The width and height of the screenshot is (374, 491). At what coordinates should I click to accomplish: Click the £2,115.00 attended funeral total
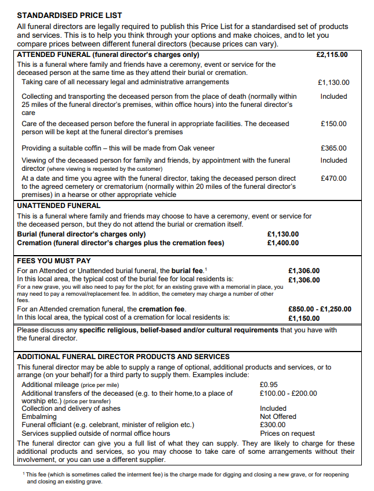click(x=332, y=55)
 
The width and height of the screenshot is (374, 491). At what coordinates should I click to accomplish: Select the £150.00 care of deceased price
click(x=333, y=124)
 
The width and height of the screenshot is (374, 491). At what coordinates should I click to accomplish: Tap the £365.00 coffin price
click(x=333, y=149)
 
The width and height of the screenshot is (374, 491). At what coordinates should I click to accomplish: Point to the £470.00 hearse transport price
click(x=333, y=178)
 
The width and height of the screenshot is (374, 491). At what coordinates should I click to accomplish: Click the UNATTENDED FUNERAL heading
click(x=59, y=206)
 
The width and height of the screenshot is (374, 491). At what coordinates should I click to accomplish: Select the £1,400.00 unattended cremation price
click(x=283, y=243)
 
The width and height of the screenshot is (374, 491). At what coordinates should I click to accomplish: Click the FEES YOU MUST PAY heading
click(x=54, y=261)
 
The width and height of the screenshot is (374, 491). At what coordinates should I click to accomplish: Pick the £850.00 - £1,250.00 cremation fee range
click(x=319, y=309)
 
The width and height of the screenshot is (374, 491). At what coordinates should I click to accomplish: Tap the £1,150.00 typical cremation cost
click(x=304, y=318)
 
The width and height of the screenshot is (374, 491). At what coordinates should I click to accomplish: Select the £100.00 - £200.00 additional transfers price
click(x=288, y=393)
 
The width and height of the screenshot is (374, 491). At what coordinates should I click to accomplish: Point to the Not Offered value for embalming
click(x=278, y=417)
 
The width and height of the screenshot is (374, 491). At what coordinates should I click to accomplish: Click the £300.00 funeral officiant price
click(x=273, y=425)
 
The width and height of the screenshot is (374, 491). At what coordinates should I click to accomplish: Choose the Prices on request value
click(x=287, y=433)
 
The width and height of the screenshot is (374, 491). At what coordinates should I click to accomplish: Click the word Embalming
click(x=39, y=417)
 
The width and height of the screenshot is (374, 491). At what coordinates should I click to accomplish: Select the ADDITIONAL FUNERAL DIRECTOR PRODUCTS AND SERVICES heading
click(x=123, y=356)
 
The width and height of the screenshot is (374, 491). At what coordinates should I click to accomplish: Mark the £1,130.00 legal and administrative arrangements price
click(x=333, y=83)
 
